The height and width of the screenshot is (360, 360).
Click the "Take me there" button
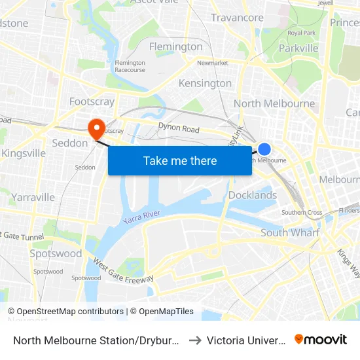click(x=180, y=161)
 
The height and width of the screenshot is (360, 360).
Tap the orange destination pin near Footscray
click(x=97, y=126)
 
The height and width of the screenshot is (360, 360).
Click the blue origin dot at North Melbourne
click(x=264, y=149)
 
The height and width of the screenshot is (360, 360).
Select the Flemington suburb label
click(x=175, y=47)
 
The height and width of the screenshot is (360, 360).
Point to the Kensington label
click(x=205, y=83)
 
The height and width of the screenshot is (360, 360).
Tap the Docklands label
click(x=252, y=195)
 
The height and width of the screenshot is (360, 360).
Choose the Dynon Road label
click(x=179, y=129)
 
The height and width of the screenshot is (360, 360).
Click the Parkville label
click(x=298, y=48)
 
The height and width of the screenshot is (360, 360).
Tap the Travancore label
click(x=237, y=18)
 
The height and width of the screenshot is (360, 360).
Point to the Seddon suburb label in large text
click(x=69, y=143)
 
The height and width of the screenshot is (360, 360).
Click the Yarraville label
click(x=33, y=197)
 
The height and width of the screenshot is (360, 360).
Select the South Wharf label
click(x=290, y=232)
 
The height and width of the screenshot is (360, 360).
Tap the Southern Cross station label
click(x=301, y=213)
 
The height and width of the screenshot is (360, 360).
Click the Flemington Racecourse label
click(x=130, y=66)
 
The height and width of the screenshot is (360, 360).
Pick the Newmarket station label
click(x=212, y=63)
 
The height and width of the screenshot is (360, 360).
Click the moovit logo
click(x=320, y=339)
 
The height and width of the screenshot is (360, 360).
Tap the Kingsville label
click(x=24, y=153)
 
